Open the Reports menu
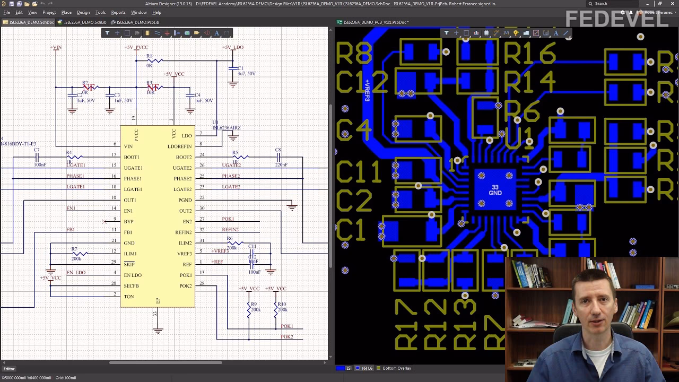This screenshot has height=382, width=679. [x=118, y=12]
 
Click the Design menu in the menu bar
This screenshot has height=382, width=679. [x=83, y=12]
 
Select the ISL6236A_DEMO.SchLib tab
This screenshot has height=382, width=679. [x=85, y=22]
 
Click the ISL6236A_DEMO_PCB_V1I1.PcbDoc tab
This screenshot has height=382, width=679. [x=375, y=22]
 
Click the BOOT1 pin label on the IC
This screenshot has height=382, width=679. [x=132, y=157]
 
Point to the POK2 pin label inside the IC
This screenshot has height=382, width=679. [x=185, y=286]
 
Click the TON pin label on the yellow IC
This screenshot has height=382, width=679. [x=129, y=297]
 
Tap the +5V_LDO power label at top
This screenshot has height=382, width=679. [x=233, y=47]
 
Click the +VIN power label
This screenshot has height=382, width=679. [x=56, y=47]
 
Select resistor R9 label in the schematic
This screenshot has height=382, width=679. [x=254, y=305]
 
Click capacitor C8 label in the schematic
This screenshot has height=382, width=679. [x=278, y=150]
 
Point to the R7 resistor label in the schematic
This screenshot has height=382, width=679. [x=74, y=249]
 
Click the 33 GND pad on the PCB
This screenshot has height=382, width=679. [x=495, y=190]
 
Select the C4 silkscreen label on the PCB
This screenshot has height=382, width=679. [x=353, y=129]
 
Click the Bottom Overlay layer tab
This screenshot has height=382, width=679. [x=397, y=368]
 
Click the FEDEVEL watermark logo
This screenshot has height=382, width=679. [x=616, y=19]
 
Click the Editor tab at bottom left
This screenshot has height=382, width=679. [x=9, y=369]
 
